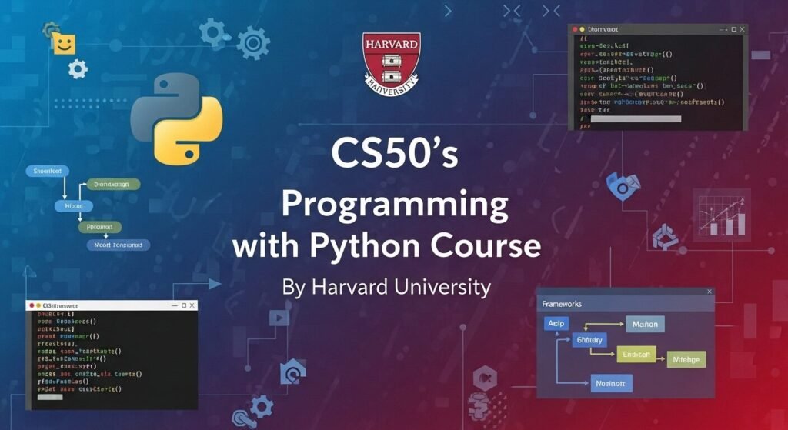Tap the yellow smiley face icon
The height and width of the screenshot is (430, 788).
(65, 43)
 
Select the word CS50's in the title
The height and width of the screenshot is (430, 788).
(394, 153)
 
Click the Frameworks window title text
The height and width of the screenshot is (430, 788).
(563, 304)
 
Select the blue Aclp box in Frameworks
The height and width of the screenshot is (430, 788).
(555, 324)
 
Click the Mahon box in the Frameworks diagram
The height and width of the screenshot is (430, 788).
(645, 324)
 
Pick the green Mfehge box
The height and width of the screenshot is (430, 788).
(686, 358)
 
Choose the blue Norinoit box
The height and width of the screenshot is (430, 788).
(611, 382)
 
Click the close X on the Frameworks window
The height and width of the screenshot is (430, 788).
(709, 292)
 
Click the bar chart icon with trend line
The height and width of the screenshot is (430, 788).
(720, 216)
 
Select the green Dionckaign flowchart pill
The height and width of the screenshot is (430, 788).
(112, 185)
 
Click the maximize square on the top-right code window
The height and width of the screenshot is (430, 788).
(733, 29)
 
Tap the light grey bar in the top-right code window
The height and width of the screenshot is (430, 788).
(638, 118)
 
